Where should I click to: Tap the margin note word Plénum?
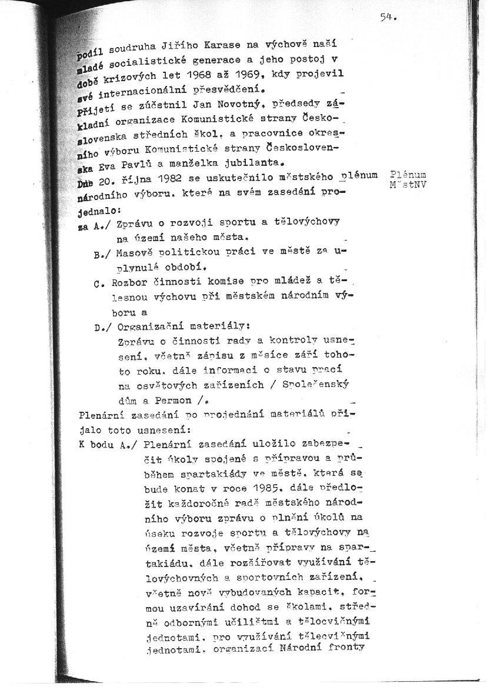click(408, 175)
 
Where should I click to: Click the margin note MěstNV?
click(408, 185)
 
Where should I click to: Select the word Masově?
click(135, 254)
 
